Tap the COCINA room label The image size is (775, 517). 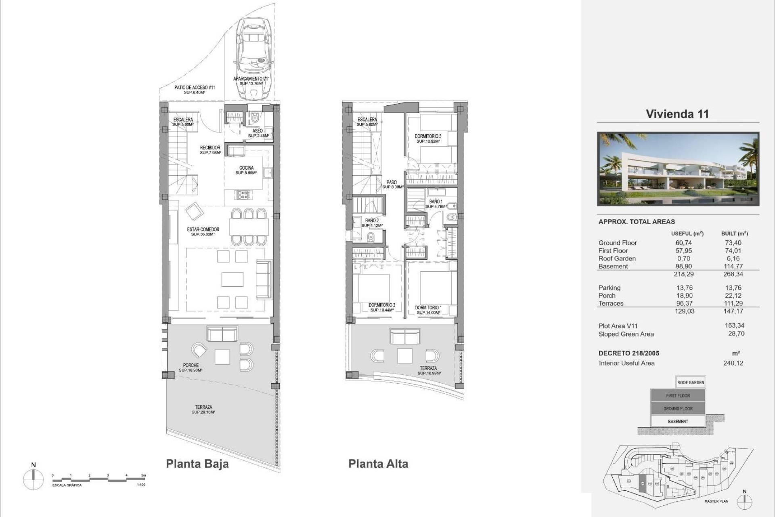[x=246, y=170]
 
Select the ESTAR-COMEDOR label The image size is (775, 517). [x=203, y=231]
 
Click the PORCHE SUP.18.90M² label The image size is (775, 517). [x=191, y=368]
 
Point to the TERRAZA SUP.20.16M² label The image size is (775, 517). [x=203, y=410]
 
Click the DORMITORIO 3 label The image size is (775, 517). [x=428, y=139]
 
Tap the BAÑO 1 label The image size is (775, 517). [x=436, y=204]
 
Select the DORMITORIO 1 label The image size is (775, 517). [x=428, y=310]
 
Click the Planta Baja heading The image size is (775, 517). [x=197, y=464]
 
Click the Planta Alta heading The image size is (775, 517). [x=378, y=464]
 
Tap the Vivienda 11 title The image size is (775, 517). [x=677, y=114]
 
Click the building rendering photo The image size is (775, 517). [x=678, y=169]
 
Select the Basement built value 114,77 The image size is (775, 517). [x=733, y=266]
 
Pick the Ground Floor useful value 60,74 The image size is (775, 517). [x=683, y=243]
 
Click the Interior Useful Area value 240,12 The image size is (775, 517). [x=733, y=363]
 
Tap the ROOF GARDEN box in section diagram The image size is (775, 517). [x=691, y=382]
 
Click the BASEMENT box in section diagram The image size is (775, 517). [x=678, y=421]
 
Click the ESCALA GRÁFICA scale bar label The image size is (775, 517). [x=67, y=485]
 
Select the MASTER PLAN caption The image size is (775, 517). [x=716, y=501]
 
